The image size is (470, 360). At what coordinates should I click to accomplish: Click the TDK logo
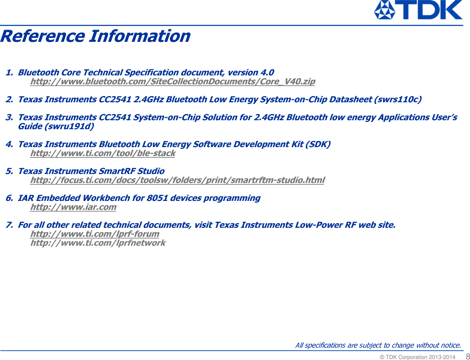point(418,10)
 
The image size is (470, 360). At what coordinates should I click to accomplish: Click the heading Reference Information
point(95,36)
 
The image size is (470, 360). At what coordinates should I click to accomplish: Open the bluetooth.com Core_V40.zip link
point(173,81)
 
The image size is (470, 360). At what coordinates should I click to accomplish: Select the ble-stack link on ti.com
point(102,153)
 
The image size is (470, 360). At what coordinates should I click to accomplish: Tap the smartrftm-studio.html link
point(177,180)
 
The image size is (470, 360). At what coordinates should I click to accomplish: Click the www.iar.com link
point(73,207)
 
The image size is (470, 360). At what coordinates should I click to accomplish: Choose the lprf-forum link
point(95,234)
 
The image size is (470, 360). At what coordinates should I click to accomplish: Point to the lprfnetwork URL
point(98,243)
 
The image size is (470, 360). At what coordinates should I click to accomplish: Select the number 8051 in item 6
point(157,198)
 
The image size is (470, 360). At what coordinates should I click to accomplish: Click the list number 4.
point(9,144)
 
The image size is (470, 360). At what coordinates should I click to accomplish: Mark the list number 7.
point(9,225)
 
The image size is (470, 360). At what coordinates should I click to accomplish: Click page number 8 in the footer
point(467,356)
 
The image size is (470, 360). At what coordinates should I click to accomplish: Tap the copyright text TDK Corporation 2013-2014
point(417,357)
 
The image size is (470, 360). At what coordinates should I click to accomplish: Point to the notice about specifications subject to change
point(378,345)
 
